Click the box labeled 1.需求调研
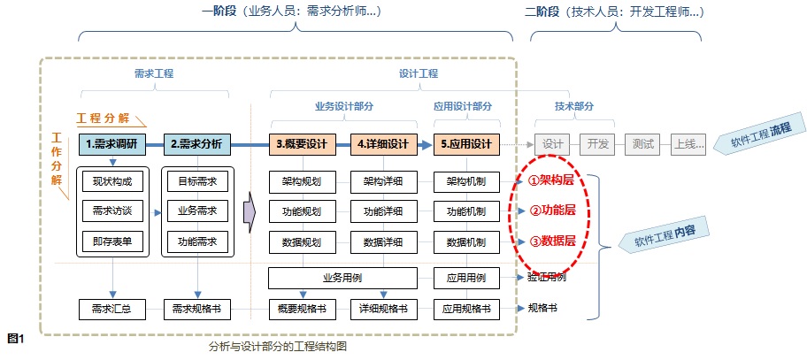(x=111, y=144)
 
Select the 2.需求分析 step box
(x=196, y=144)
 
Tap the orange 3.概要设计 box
(x=302, y=144)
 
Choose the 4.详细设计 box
(x=383, y=144)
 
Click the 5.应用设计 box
(x=466, y=144)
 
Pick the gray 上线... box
(x=688, y=144)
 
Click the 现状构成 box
(x=111, y=182)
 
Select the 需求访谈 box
(x=111, y=212)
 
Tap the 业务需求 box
(x=196, y=212)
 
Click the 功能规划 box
(x=302, y=212)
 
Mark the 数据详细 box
(x=383, y=241)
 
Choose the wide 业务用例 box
(x=342, y=278)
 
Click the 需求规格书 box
(x=196, y=310)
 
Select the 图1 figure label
(x=14, y=338)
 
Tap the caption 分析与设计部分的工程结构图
(x=277, y=348)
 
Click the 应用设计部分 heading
(x=463, y=105)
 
